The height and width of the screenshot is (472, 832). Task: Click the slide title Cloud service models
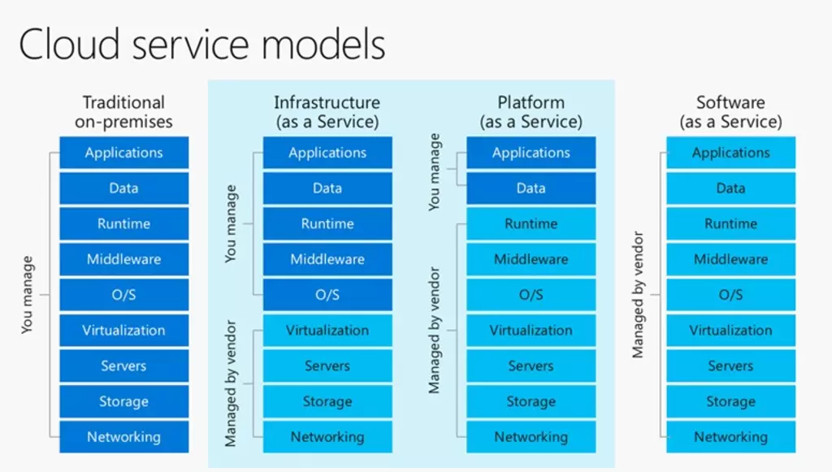(x=202, y=45)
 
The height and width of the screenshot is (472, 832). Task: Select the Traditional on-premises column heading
(x=123, y=112)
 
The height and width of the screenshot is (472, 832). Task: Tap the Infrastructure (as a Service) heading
(x=327, y=112)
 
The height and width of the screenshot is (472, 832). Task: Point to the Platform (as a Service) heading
(x=531, y=112)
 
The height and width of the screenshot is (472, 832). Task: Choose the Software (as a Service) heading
(x=730, y=112)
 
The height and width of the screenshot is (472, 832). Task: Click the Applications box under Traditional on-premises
(x=123, y=153)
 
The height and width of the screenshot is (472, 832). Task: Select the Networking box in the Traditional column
(x=123, y=437)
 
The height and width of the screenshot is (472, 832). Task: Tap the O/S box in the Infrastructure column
(x=327, y=295)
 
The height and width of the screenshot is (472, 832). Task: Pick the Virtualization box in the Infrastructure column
(x=327, y=331)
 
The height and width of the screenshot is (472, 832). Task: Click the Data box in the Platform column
(x=531, y=188)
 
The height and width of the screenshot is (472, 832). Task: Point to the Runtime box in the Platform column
(x=531, y=223)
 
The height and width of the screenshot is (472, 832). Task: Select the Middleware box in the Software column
(x=730, y=259)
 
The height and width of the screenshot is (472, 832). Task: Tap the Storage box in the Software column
(x=730, y=401)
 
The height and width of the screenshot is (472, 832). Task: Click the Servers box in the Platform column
(x=531, y=366)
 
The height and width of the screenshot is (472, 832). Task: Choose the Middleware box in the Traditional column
(x=123, y=259)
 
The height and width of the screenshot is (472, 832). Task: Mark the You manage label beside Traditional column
(x=27, y=295)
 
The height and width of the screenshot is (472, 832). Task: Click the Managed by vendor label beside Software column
(x=638, y=295)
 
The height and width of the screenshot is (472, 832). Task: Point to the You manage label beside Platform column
(x=434, y=172)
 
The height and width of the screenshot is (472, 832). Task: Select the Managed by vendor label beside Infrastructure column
(x=230, y=383)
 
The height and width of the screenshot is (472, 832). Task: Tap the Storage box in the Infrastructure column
(x=327, y=401)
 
